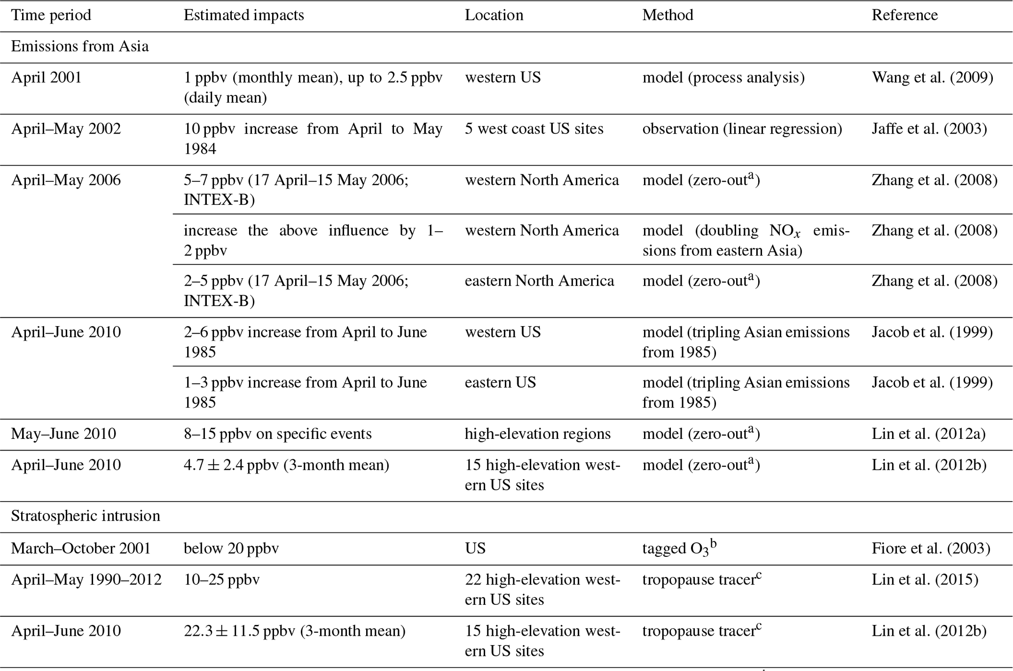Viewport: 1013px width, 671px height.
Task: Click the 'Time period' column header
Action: (51, 15)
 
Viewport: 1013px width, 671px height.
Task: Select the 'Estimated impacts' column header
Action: (244, 15)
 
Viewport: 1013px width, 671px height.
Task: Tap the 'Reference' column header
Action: (904, 15)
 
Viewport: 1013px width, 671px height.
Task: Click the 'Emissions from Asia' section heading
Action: (80, 47)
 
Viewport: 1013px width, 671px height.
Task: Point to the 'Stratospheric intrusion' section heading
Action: (85, 516)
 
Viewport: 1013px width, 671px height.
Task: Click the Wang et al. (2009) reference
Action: (932, 77)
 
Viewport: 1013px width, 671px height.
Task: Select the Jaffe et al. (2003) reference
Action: (929, 129)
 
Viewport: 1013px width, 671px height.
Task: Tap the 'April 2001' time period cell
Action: (47, 77)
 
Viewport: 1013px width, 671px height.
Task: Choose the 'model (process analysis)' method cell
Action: (723, 77)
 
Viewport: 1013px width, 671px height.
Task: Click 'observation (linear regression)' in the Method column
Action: (742, 129)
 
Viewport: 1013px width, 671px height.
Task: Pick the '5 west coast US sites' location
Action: (534, 129)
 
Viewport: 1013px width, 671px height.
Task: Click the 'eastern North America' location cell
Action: (539, 281)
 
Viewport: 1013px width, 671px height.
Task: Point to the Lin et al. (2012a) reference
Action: (928, 434)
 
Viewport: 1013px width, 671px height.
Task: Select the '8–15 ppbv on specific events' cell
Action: (277, 434)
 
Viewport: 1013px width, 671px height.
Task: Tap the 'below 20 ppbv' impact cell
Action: (231, 548)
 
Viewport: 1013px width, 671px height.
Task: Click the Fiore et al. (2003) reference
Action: (931, 548)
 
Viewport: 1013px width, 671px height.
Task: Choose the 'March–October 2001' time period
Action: (81, 548)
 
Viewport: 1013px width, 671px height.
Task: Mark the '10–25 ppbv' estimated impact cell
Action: (222, 580)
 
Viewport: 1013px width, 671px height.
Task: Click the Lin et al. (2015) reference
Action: (925, 580)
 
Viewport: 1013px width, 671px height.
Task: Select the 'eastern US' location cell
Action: (500, 382)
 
